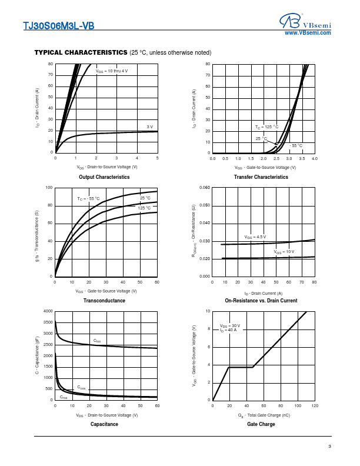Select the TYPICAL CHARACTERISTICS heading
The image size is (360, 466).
pos(81,52)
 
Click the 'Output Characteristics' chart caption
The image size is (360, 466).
pos(104,177)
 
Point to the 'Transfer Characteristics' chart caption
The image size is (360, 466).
pos(261,177)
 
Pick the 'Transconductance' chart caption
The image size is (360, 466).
pos(104,301)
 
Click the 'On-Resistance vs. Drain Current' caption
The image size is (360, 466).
pos(261,301)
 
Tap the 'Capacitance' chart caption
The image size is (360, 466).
pos(104,424)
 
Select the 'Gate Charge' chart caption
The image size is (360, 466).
pos(261,424)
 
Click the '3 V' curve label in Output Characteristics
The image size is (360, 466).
pos(149,127)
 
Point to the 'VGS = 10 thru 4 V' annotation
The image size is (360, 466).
pos(112,71)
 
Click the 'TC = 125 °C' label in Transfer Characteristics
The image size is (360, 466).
pos(266,127)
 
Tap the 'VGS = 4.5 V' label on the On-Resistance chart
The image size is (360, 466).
pos(255,237)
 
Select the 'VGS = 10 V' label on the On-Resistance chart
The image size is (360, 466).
pos(284,252)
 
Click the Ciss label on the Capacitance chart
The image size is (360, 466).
pos(97,341)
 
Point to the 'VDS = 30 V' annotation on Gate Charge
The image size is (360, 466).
pos(230,325)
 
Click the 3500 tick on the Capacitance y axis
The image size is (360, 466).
pos(48,322)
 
